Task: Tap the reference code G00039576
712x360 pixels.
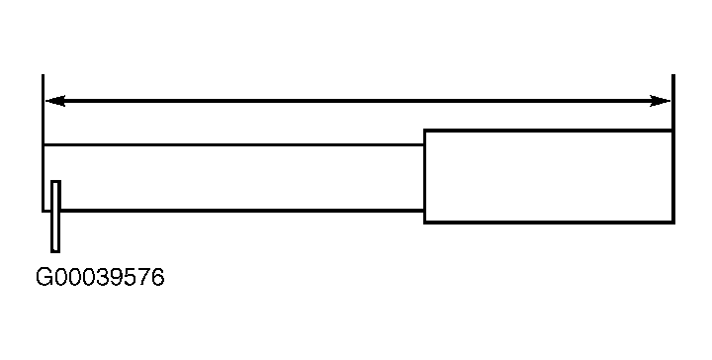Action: coord(100,277)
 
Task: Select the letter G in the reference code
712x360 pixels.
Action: coord(44,277)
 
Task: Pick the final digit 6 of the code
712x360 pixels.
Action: coord(157,277)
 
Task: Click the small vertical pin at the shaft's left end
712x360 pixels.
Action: coord(55,216)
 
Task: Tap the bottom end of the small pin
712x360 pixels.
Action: coord(55,251)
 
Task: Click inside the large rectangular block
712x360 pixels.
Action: coord(548,176)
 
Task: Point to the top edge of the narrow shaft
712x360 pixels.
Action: coord(233,144)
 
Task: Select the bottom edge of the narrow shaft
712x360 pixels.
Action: coord(241,211)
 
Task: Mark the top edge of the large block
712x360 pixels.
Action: coord(548,131)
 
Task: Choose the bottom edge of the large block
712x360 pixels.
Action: coord(549,222)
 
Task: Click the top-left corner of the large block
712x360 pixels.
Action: coord(424,130)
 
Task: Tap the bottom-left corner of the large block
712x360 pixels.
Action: coord(424,223)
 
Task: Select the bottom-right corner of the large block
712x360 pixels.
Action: coord(673,223)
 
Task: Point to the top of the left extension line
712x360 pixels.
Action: coord(44,75)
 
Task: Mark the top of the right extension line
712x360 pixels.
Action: coord(673,75)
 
